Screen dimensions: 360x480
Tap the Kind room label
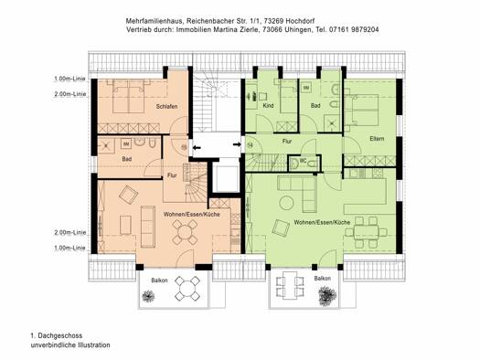click(x=267, y=107)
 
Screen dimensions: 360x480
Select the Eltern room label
click(x=377, y=138)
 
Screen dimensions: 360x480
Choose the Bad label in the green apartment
click(x=316, y=107)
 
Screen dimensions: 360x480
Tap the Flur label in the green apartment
click(x=286, y=142)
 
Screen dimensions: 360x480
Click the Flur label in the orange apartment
click(x=171, y=174)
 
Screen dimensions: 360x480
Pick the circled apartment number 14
click(x=250, y=144)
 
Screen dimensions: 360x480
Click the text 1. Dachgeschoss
click(x=56, y=335)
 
